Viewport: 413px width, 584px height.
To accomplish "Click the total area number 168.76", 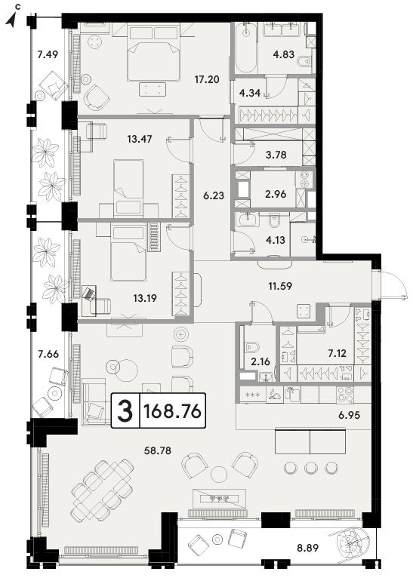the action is [172, 410].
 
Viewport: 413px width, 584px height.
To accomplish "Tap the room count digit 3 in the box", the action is [125, 411].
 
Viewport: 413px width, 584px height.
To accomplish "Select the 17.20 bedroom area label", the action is [207, 79].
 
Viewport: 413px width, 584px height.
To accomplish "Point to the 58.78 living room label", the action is [158, 450].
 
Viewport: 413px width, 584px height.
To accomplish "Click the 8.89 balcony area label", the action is [308, 548].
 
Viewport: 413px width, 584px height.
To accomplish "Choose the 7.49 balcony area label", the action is [48, 54].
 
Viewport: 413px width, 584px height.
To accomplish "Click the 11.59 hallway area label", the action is [280, 286].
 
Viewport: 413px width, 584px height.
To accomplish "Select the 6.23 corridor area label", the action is [214, 195].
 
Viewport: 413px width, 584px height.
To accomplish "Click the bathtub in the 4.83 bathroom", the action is [245, 47].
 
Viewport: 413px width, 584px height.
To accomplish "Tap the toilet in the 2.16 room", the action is [251, 347].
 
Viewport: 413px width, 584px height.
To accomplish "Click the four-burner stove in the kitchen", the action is [345, 395].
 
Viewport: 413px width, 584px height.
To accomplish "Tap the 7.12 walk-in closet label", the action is [337, 352].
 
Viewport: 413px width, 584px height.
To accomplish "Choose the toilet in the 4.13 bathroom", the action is [274, 221].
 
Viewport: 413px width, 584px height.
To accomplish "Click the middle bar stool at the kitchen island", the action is [311, 467].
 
